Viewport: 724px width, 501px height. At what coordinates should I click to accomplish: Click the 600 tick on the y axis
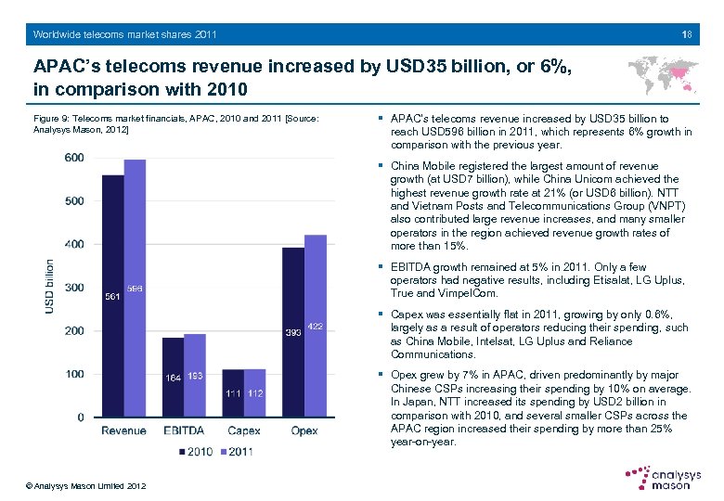coord(73,158)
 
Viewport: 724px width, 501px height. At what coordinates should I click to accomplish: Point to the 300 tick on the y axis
coord(73,288)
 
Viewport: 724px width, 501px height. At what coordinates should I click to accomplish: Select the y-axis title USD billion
coord(50,285)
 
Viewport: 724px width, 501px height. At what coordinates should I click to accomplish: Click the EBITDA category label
coord(184,430)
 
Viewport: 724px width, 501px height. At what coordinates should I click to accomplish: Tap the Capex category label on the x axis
coord(244,430)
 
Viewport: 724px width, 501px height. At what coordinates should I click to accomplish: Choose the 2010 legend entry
coord(194,452)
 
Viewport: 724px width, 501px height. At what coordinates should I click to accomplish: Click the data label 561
coord(112,297)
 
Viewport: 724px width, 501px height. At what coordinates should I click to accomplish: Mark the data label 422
coord(316,325)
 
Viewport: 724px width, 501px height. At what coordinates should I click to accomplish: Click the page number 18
coord(686,34)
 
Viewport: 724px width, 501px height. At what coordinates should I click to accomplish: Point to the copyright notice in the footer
coord(86,485)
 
